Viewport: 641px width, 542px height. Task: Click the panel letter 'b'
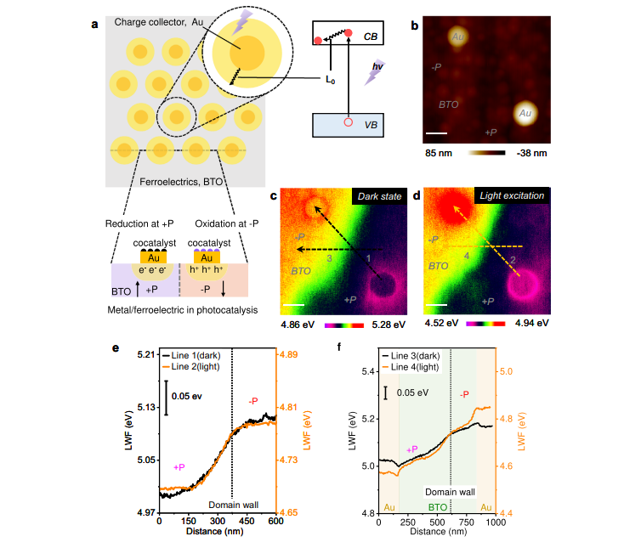tap(415, 25)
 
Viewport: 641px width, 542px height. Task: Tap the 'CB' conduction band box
tap(349, 36)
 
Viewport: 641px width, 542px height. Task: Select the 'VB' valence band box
tap(349, 124)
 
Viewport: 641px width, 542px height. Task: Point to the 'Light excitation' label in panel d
tap(513, 195)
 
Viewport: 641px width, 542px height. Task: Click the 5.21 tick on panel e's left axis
tap(145, 354)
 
